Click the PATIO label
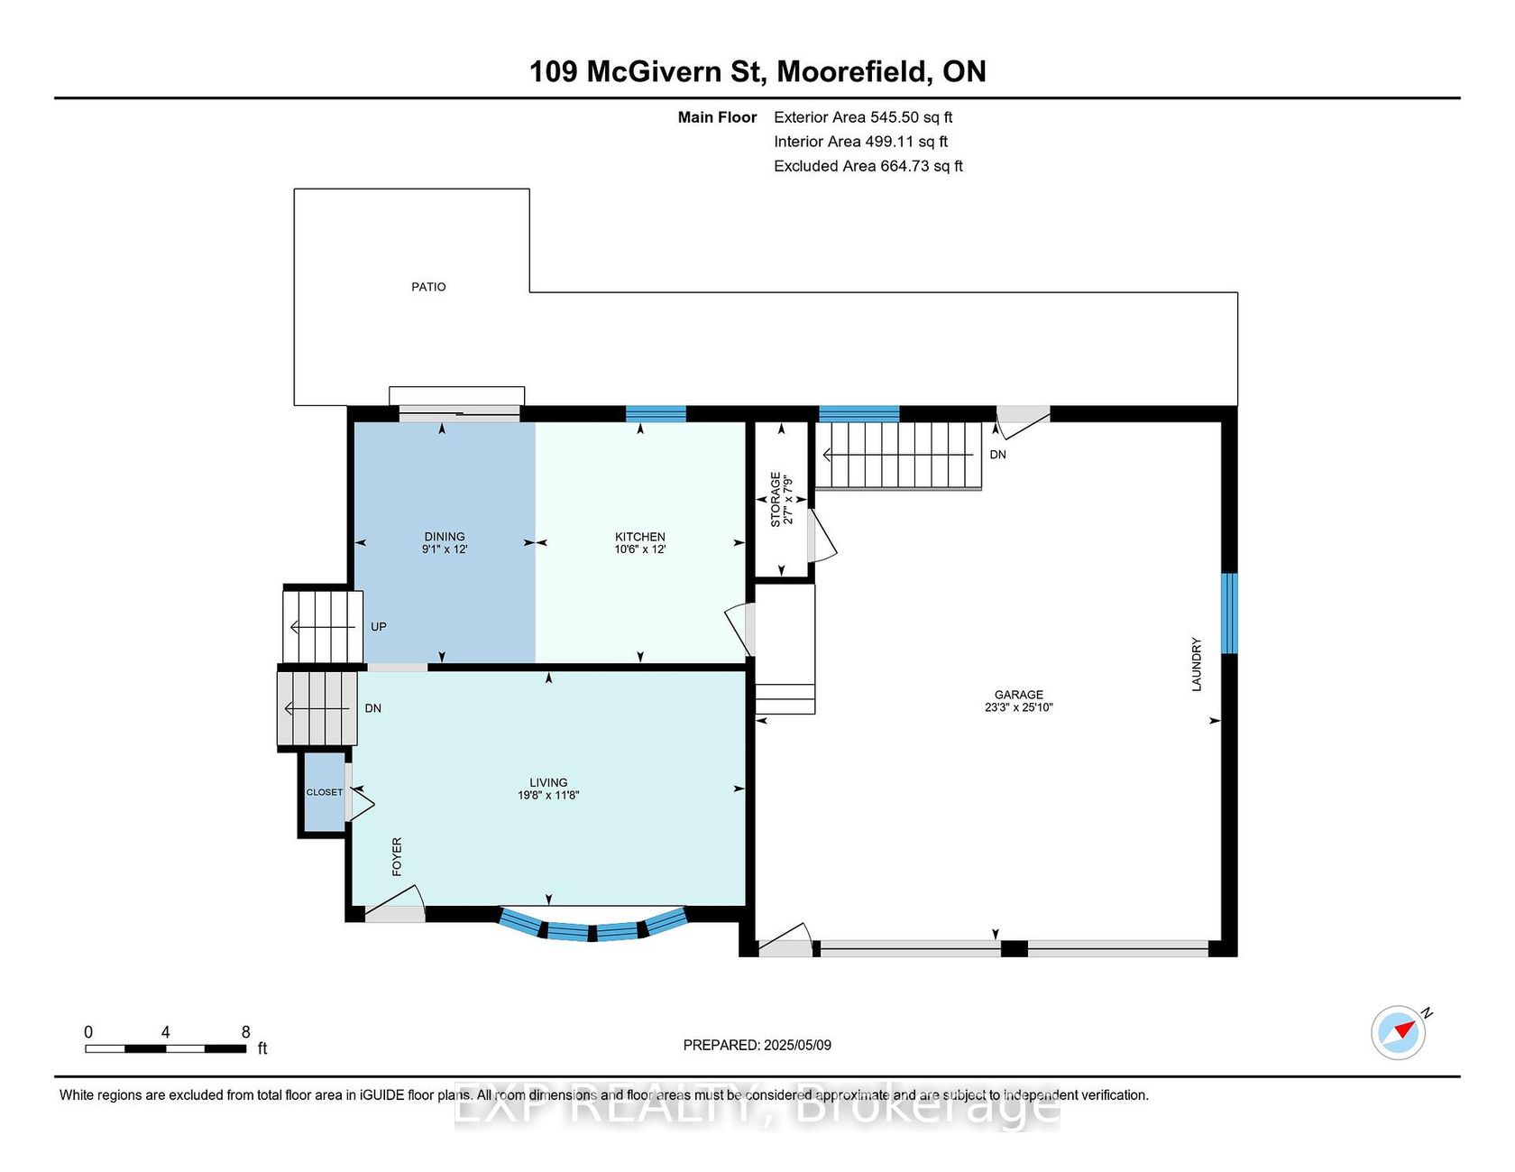pyautogui.click(x=428, y=287)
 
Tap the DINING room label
pyautogui.click(x=445, y=537)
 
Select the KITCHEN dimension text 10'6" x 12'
pyautogui.click(x=640, y=549)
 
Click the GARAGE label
pyautogui.click(x=1019, y=695)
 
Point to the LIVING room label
pyautogui.click(x=548, y=783)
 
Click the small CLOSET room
pyautogui.click(x=324, y=792)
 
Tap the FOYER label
pyautogui.click(x=397, y=856)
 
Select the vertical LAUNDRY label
pyautogui.click(x=1197, y=665)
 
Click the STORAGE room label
pyautogui.click(x=776, y=500)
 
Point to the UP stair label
pyautogui.click(x=379, y=627)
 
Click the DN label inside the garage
pyautogui.click(x=997, y=455)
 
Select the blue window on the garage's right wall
pyautogui.click(x=1229, y=613)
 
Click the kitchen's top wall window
pyautogui.click(x=656, y=414)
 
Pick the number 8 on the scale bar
pyautogui.click(x=245, y=1032)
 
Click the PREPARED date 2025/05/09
pyautogui.click(x=797, y=1046)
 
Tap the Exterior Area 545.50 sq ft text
pyautogui.click(x=863, y=117)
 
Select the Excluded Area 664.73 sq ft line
pyautogui.click(x=868, y=166)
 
